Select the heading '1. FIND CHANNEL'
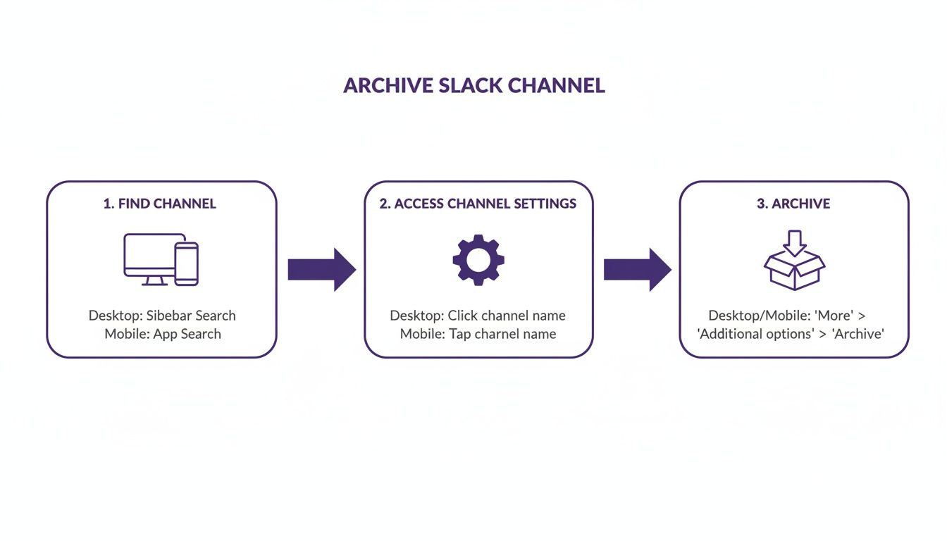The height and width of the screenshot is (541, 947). tap(160, 204)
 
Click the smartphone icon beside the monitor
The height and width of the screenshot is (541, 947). tap(187, 263)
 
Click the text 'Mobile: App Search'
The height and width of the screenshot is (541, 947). tap(163, 334)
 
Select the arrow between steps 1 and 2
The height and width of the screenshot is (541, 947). tap(321, 269)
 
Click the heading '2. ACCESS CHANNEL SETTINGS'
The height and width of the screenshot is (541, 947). tap(478, 204)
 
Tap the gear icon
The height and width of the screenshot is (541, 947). tap(478, 259)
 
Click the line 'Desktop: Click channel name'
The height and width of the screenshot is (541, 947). tap(478, 316)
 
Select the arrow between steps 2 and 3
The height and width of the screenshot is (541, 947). tap(637, 269)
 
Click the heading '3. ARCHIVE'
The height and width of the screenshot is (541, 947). tap(793, 204)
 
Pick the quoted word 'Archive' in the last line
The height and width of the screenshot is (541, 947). tap(858, 334)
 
